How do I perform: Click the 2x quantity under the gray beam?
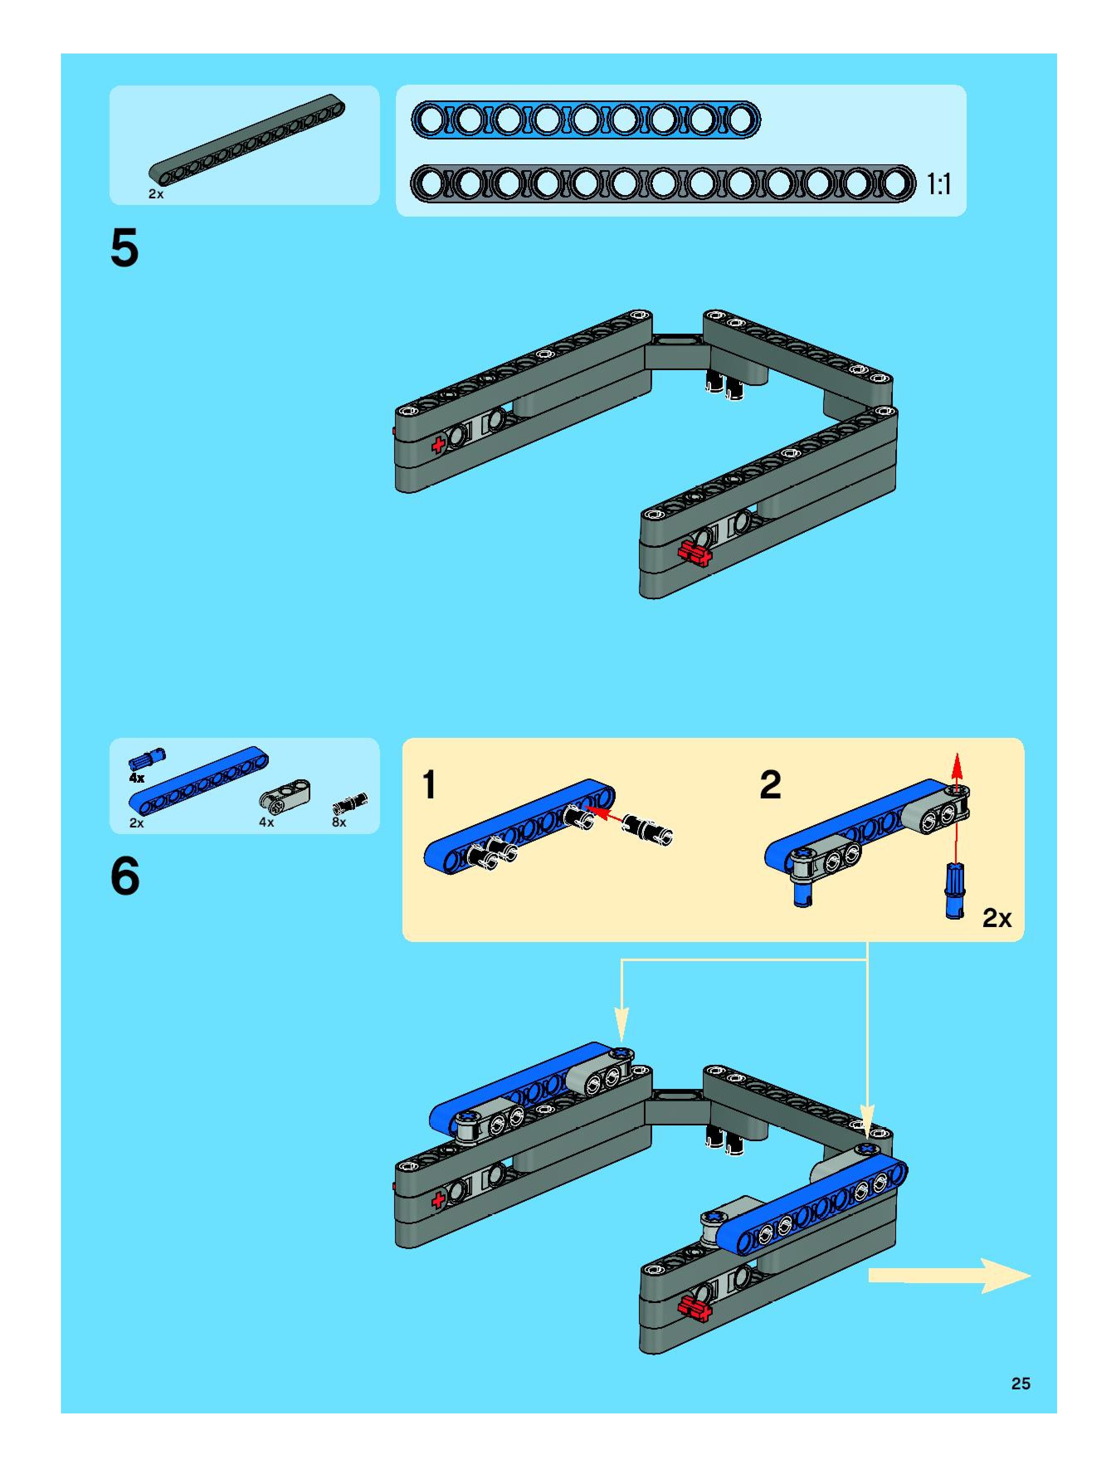coord(156,194)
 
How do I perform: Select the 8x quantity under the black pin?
coord(339,822)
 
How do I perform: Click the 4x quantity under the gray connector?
coord(266,822)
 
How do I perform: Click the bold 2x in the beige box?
coord(997,918)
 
